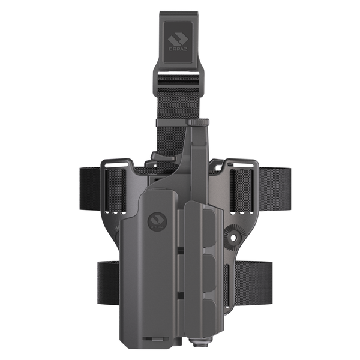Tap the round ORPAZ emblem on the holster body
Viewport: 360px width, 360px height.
pyautogui.click(x=156, y=223)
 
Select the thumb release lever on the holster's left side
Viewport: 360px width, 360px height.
pyautogui.click(x=158, y=157)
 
